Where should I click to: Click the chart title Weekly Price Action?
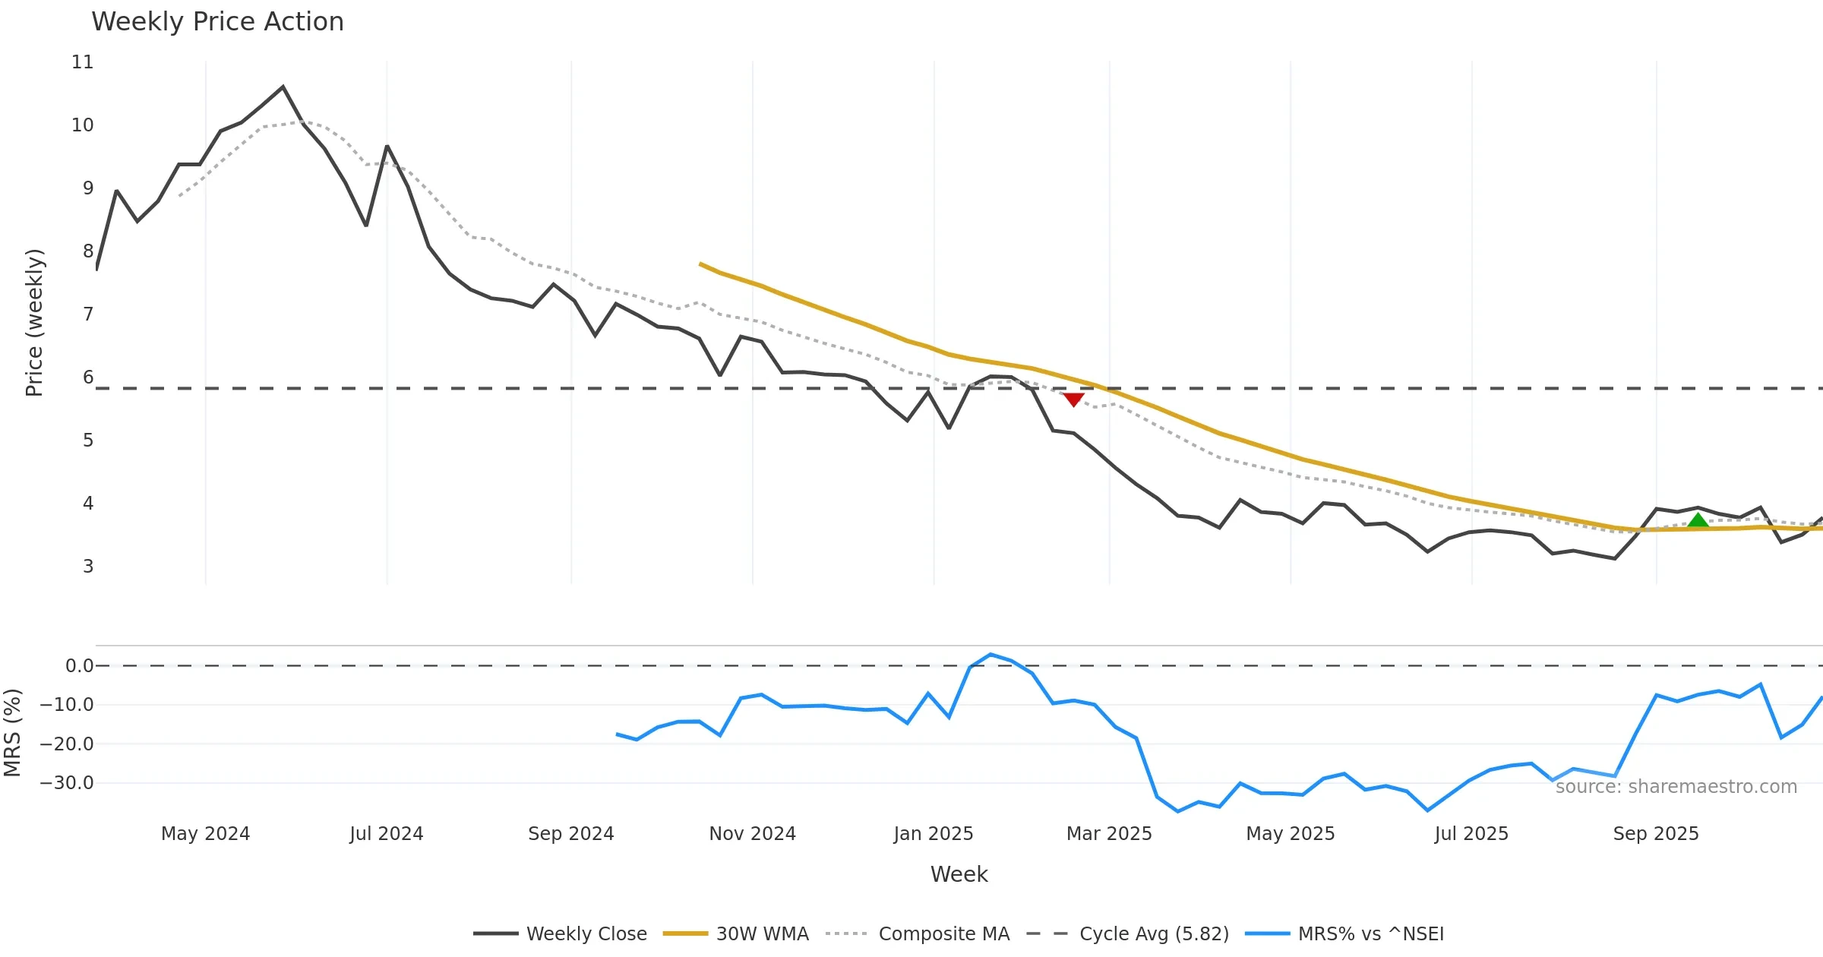coord(217,22)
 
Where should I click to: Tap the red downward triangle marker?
coord(1073,400)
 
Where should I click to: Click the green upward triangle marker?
coord(1698,520)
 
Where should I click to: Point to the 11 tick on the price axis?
coord(83,62)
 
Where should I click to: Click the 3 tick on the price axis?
coord(88,567)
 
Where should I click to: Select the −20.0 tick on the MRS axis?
coord(67,744)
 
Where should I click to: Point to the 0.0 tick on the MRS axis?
coord(79,666)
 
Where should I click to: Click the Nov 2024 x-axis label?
coord(752,834)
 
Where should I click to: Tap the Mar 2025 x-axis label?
coord(1109,834)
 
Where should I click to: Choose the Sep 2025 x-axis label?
coord(1656,834)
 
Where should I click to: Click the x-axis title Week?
coord(959,875)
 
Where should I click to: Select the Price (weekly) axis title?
coord(34,323)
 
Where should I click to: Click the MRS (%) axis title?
coord(12,732)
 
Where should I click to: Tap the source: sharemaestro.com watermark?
coord(1676,787)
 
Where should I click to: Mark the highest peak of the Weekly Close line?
coord(283,87)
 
